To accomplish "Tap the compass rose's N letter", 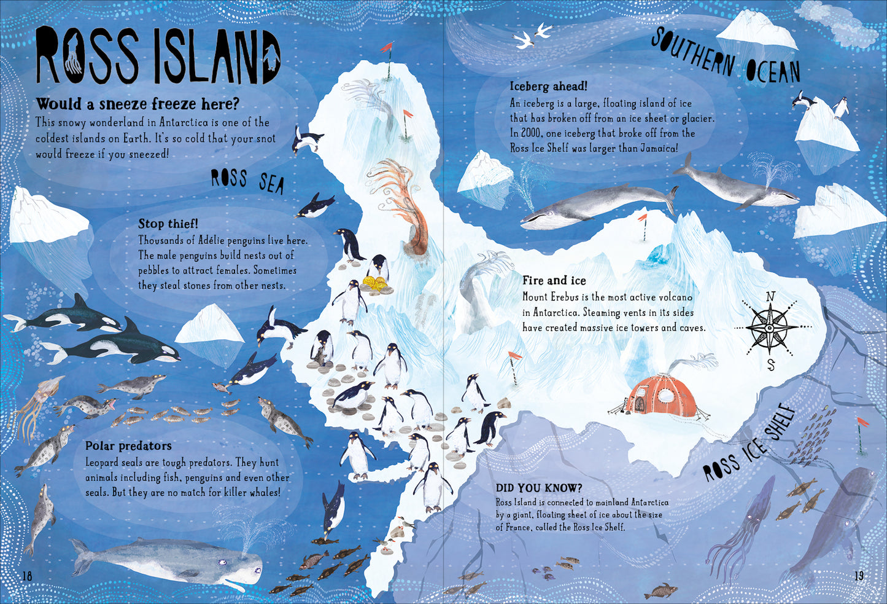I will (x=770, y=297).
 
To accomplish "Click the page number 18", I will (x=27, y=576).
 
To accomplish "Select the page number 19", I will (x=859, y=576).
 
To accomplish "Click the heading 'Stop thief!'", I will (x=168, y=224).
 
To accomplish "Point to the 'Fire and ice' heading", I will (x=554, y=281).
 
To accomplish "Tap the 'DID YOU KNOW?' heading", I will (x=539, y=488).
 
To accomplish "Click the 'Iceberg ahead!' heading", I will (x=548, y=86).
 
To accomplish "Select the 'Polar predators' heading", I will (x=128, y=445).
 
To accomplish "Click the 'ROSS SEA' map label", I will (x=247, y=181).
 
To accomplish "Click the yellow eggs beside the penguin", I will (x=375, y=283).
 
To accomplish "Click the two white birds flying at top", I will (x=532, y=36).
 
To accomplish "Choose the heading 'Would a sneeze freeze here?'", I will (x=138, y=103).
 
